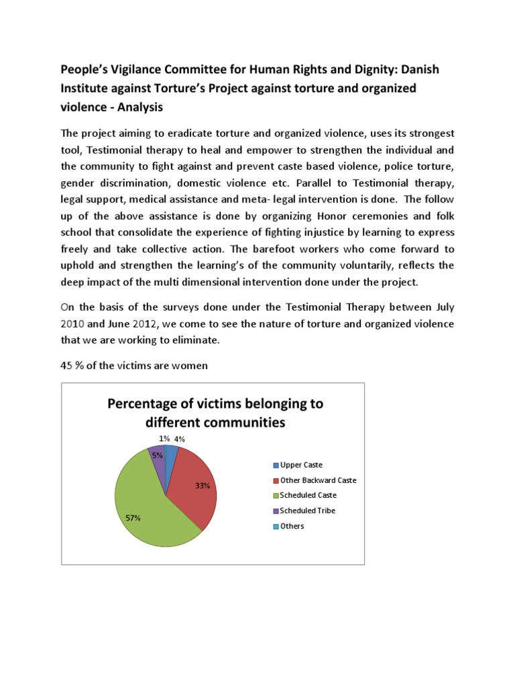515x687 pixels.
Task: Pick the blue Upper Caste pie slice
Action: pos(170,456)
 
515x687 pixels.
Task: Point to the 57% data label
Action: pos(133,518)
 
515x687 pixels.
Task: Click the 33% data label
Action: pos(203,486)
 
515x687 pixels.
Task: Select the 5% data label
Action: pos(157,456)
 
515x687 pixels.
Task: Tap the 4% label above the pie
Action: pos(179,439)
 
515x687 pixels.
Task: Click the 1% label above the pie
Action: pos(164,439)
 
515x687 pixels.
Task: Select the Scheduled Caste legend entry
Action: pos(304,495)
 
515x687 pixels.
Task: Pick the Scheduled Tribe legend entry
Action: pos(303,511)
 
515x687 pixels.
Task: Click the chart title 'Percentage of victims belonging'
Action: pos(215,403)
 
